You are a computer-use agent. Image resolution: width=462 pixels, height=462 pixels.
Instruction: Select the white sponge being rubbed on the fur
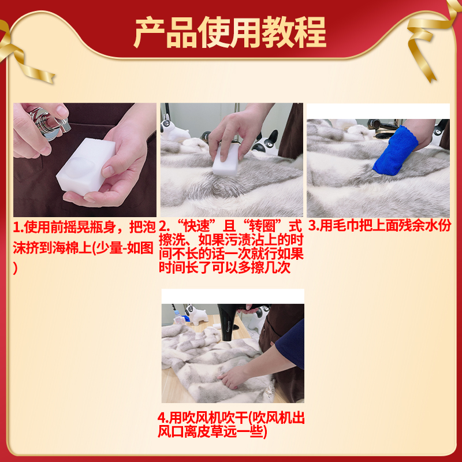tap(225, 159)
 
